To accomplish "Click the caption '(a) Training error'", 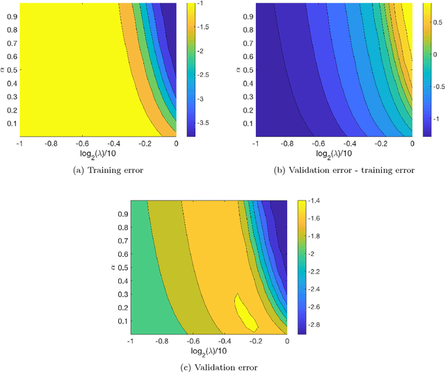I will pyautogui.click(x=96, y=169).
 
